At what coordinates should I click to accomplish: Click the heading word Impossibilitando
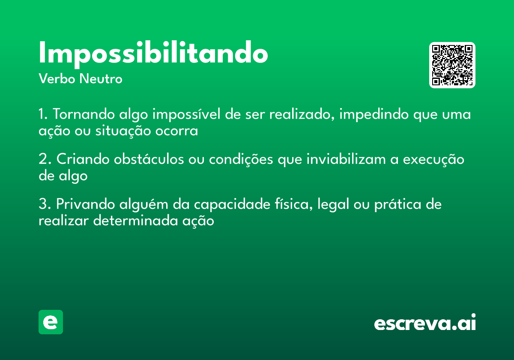click(153, 54)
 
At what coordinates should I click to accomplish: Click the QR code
click(452, 65)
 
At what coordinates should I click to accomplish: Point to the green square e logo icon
click(51, 322)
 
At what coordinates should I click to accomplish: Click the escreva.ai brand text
click(425, 323)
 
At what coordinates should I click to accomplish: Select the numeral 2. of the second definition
click(45, 159)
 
